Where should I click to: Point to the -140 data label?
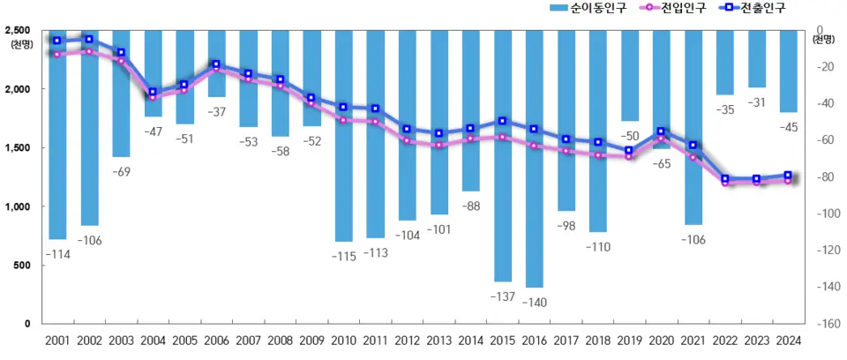click(x=534, y=303)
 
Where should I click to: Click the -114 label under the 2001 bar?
click(x=56, y=254)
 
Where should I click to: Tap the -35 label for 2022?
click(x=724, y=110)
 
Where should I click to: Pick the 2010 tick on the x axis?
click(x=343, y=341)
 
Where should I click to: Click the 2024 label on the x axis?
click(x=788, y=341)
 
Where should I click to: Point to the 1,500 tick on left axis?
click(x=24, y=148)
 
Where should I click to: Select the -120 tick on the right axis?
click(x=828, y=251)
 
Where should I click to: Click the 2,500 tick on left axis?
click(x=24, y=31)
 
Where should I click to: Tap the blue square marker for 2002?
click(x=88, y=39)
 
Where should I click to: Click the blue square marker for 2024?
click(x=788, y=176)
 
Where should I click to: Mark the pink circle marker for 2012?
click(x=407, y=140)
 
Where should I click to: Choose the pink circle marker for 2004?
click(x=153, y=97)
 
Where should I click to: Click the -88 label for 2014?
click(x=470, y=206)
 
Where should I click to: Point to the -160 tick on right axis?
click(x=828, y=324)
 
